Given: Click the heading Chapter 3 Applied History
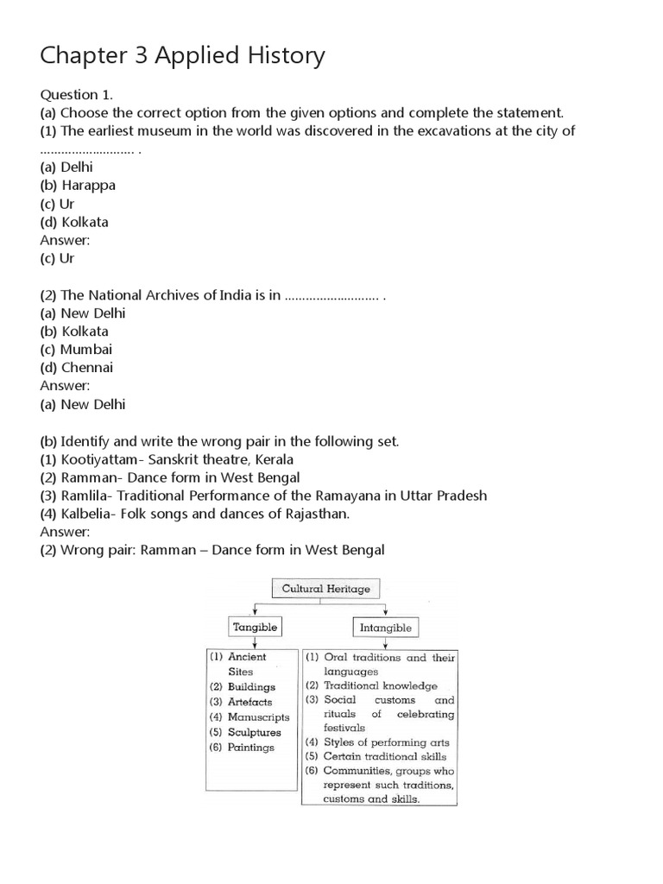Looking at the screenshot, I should click(x=183, y=56).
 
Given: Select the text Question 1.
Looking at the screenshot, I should click(x=76, y=93).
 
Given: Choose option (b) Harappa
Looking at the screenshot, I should click(x=78, y=186).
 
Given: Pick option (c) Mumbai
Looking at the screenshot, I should click(x=76, y=350).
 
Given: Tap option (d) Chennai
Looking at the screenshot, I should click(x=77, y=368).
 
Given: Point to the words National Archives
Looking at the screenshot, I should click(x=178, y=295).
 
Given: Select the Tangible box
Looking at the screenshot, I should click(x=254, y=627).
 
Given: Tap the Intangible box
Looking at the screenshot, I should click(x=386, y=628).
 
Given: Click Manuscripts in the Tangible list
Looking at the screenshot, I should click(x=258, y=717).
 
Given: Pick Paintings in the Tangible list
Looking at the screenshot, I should click(x=251, y=748).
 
